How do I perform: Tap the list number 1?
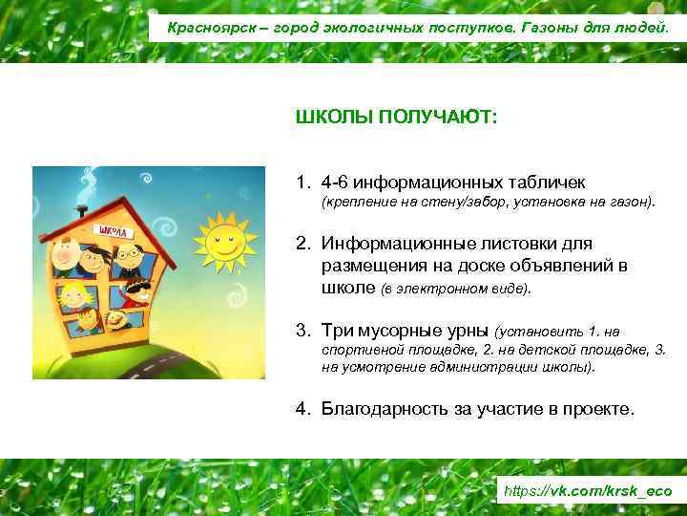pyautogui.click(x=302, y=182)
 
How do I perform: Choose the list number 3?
pyautogui.click(x=302, y=331)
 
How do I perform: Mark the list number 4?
pyautogui.click(x=302, y=409)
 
